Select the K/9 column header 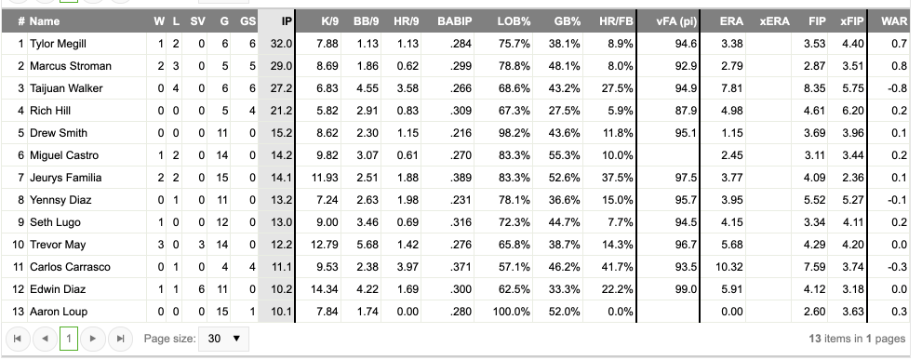328,20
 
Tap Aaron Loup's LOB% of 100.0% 513,312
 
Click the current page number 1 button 69,340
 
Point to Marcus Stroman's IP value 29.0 281,66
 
